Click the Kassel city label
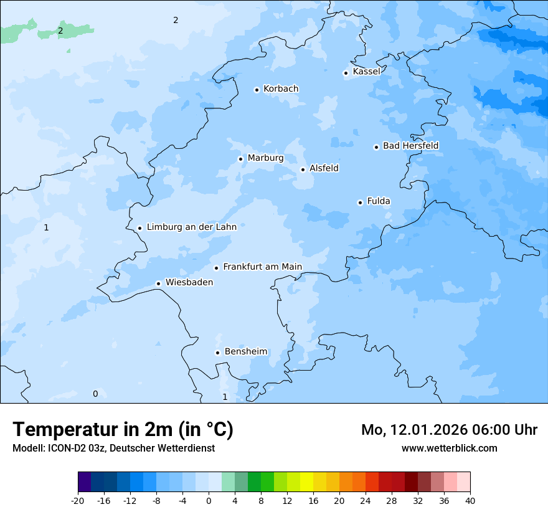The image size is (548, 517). pyautogui.click(x=366, y=72)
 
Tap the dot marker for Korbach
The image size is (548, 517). pyautogui.click(x=257, y=90)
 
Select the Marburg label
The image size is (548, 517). pyautogui.click(x=265, y=158)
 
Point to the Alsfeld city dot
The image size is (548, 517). pyautogui.click(x=303, y=169)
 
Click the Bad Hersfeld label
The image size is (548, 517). pyautogui.click(x=410, y=146)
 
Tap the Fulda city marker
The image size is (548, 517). pyautogui.click(x=360, y=202)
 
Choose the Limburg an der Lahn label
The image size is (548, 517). pyautogui.click(x=191, y=227)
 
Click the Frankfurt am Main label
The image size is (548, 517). pyautogui.click(x=262, y=267)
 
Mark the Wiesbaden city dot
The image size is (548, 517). pyautogui.click(x=159, y=283)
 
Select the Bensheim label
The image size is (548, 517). pyautogui.click(x=245, y=352)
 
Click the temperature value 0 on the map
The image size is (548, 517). pyautogui.click(x=95, y=394)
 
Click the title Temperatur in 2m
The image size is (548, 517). pyautogui.click(x=123, y=430)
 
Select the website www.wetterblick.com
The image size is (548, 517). pyautogui.click(x=449, y=448)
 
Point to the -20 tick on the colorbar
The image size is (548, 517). pyautogui.click(x=78, y=501)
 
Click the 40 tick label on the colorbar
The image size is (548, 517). pyautogui.click(x=470, y=501)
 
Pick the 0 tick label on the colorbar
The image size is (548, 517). pyautogui.click(x=209, y=501)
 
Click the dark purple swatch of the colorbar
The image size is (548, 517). pyautogui.click(x=85, y=482)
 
